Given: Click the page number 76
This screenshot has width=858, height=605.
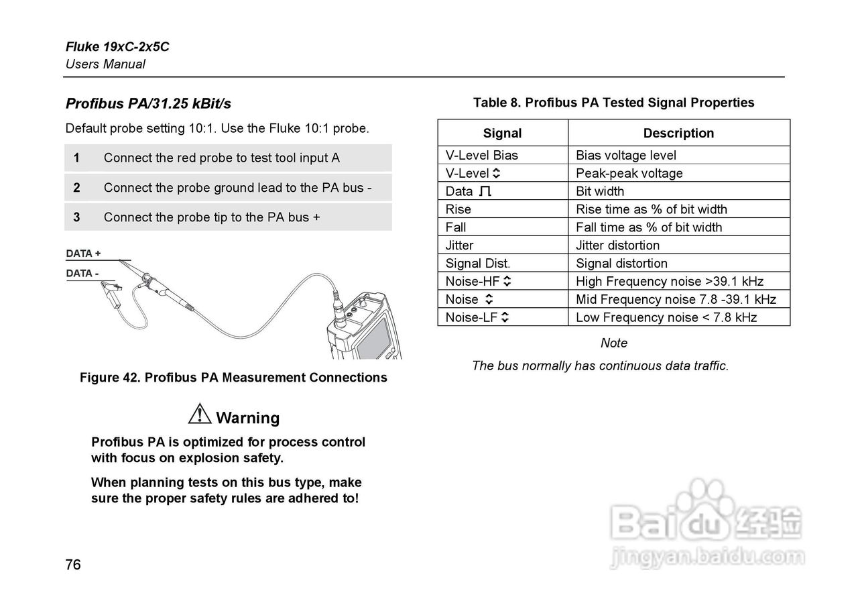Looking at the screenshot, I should click(73, 564).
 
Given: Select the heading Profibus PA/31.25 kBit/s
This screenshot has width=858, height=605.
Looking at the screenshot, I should click(148, 103).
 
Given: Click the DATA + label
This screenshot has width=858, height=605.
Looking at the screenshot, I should click(84, 254).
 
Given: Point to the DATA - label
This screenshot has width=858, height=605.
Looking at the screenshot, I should click(82, 273).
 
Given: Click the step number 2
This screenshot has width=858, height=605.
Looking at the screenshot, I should click(77, 188).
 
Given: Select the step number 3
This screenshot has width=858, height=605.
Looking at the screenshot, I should click(77, 217).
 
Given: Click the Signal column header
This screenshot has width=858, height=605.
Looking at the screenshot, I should click(502, 133).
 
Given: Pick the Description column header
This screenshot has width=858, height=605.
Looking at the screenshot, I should click(678, 133).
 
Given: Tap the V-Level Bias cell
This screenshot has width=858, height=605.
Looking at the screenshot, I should click(482, 155).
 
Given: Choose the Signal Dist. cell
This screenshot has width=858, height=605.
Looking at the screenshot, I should click(478, 264).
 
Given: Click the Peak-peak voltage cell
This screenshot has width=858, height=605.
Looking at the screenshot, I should click(629, 173).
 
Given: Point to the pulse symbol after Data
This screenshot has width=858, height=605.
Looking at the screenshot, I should click(486, 191).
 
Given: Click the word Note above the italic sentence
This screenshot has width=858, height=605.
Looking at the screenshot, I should click(614, 343).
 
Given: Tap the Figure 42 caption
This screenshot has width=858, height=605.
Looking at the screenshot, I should click(233, 378).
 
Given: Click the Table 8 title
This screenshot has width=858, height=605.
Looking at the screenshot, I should click(613, 103).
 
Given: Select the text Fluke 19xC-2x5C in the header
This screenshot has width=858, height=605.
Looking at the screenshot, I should click(117, 47).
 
